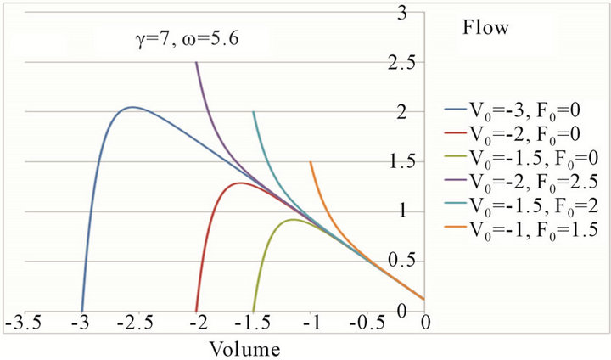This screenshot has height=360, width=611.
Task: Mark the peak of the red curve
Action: tap(241, 183)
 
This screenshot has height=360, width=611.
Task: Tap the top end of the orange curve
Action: tap(311, 161)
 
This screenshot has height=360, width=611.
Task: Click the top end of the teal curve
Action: tap(253, 112)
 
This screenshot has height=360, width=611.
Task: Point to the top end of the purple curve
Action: tap(196, 62)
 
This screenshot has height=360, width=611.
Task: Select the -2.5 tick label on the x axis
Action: tap(139, 325)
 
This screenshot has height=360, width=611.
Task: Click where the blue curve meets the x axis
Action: tap(82, 311)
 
